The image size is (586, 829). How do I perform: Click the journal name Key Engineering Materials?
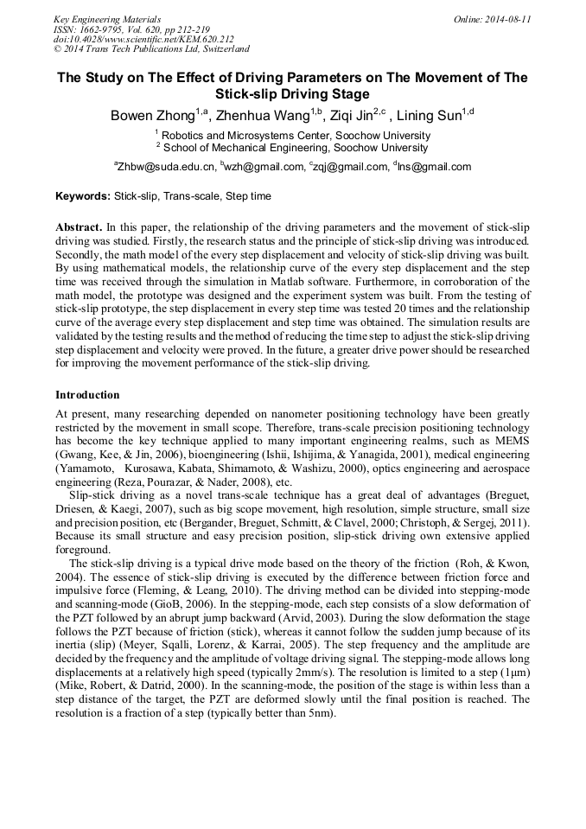pos(107,19)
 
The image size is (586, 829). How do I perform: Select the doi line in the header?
pos(143,39)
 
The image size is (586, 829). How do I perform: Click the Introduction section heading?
pos(87,395)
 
